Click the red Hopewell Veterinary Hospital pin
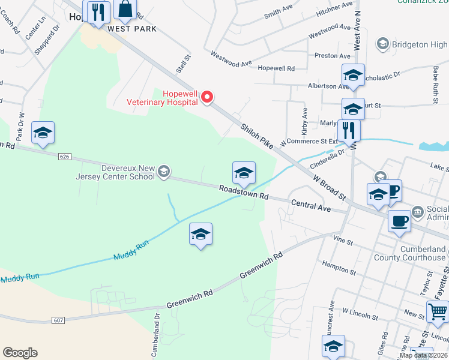[x=207, y=97]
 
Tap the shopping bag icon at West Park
[x=125, y=10]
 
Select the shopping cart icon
[x=438, y=311]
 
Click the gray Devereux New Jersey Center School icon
[x=163, y=172]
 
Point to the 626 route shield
[x=65, y=157]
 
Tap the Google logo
[x=20, y=353]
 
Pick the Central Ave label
[x=311, y=205]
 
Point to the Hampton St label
[x=339, y=268]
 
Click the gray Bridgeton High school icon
[x=382, y=44]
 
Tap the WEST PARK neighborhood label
[x=132, y=29]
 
